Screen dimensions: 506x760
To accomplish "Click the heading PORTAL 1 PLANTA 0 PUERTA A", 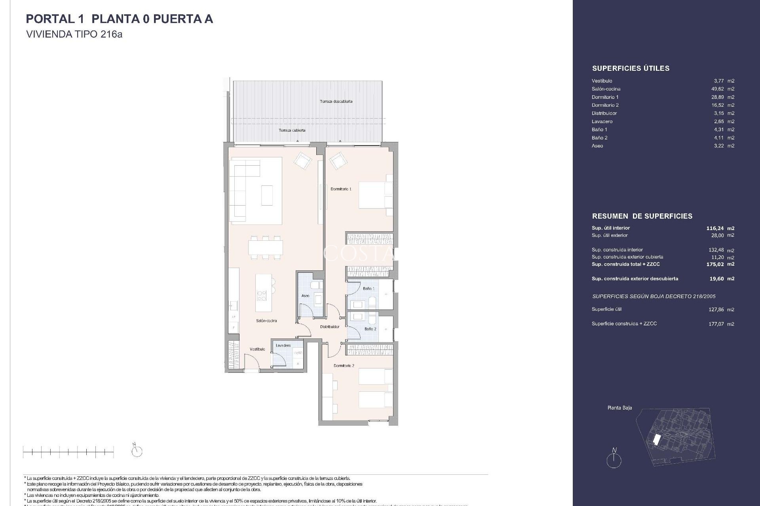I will (119, 19).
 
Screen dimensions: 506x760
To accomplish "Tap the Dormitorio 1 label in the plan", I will (341, 189).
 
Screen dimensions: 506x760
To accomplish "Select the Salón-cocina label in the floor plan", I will (266, 321).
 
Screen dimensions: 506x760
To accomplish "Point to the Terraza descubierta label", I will (336, 102).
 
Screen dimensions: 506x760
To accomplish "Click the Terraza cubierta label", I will (292, 130).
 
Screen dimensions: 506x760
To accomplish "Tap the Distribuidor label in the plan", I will (330, 327).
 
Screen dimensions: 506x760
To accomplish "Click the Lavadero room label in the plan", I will (283, 346).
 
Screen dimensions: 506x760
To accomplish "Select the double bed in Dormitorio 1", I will (374, 195).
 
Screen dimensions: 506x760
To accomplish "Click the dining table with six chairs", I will (266, 248).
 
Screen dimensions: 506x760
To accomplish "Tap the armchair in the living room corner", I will (302, 161).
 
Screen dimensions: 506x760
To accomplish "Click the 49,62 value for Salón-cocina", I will (718, 89).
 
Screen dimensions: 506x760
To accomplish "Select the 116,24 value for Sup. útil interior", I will (715, 228).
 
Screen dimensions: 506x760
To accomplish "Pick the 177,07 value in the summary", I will (716, 324).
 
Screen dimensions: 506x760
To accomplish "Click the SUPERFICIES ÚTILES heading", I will (631, 68).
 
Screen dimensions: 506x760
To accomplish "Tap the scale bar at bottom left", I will (68, 451).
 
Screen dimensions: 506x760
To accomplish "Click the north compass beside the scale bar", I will (137, 451).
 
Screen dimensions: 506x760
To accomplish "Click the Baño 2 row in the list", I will (663, 138).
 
